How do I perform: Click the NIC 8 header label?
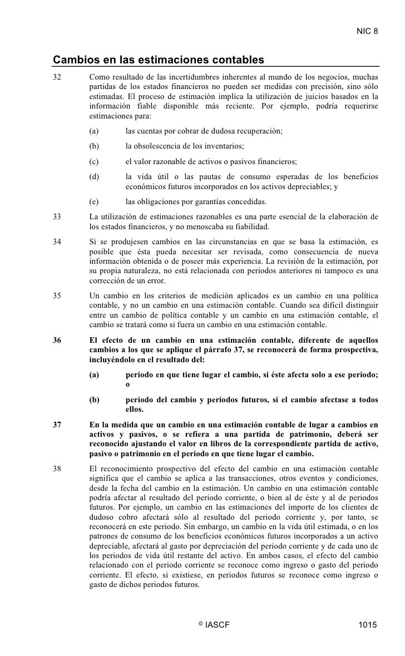pos(367,30)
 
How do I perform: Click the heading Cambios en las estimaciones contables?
pos(158,60)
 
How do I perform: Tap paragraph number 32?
pos(57,76)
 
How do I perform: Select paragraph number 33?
pos(57,216)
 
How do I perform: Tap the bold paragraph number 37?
pos(57,426)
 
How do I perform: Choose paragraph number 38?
pos(57,468)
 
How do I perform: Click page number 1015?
pos(368,625)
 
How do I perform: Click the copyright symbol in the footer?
pos(200,623)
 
